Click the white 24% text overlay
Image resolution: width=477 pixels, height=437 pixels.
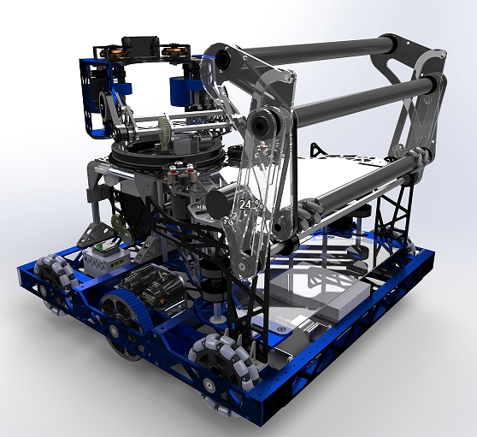pyautogui.click(x=250, y=204)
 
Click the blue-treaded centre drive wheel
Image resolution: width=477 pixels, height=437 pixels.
pyautogui.click(x=124, y=316)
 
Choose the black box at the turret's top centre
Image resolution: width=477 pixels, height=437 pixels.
pyautogui.click(x=140, y=44)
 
